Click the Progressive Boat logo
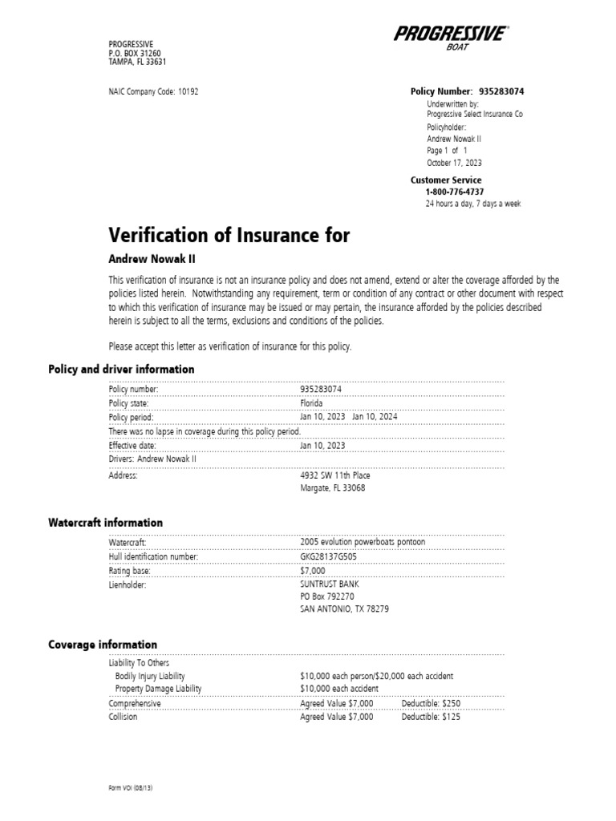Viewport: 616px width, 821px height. point(451,38)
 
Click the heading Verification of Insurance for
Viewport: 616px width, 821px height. point(229,235)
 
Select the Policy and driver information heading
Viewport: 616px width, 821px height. point(121,370)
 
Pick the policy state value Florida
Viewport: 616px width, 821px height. point(311,403)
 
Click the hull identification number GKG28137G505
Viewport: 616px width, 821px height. point(329,556)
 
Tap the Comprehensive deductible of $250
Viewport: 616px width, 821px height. point(432,703)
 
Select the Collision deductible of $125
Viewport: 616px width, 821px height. point(432,717)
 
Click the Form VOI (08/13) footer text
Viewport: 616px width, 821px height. point(130,788)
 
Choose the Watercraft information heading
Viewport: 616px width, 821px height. point(105,523)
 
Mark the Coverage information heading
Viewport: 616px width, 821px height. point(103,645)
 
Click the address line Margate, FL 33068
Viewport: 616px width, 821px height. point(332,487)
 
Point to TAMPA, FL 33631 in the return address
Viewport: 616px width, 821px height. point(137,63)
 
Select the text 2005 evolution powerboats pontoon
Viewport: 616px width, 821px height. point(363,542)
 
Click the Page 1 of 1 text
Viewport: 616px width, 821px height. point(447,150)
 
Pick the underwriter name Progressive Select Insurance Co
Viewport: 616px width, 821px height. point(475,115)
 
